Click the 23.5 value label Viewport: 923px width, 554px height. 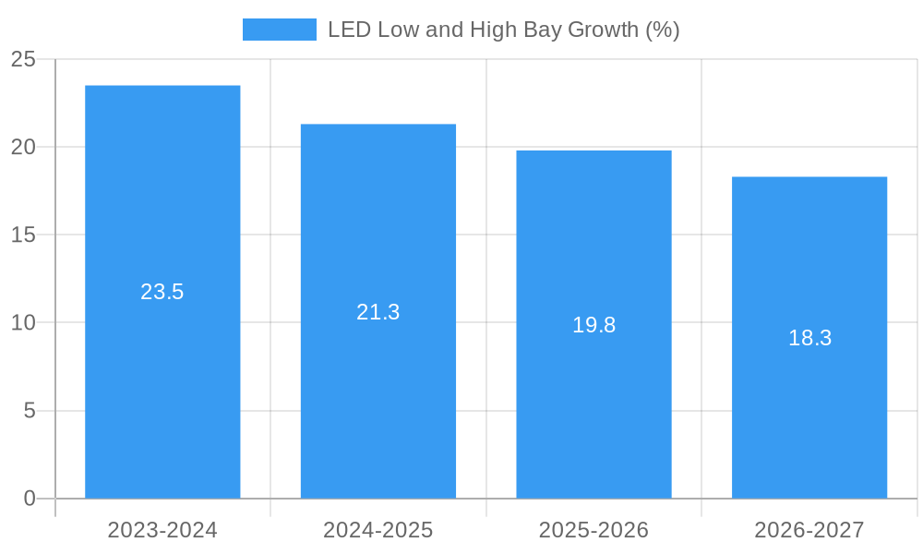[x=162, y=292]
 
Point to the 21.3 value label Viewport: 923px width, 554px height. [x=378, y=312]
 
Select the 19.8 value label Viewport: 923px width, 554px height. [x=593, y=325]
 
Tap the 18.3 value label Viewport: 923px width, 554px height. [x=809, y=338]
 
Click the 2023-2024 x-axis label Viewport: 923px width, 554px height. [x=162, y=530]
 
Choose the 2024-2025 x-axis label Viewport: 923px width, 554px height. [x=378, y=530]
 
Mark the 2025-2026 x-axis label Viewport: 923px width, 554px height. [x=593, y=530]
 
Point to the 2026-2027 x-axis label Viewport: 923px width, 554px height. [x=809, y=530]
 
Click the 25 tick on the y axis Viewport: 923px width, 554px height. [x=23, y=59]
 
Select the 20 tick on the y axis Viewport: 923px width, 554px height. [x=23, y=147]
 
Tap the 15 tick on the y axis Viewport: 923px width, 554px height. [x=23, y=235]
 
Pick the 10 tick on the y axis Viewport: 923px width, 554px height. [x=23, y=322]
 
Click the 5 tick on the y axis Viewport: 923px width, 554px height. [x=30, y=410]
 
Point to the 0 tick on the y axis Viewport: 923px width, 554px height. [x=30, y=499]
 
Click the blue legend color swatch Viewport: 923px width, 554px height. [x=279, y=30]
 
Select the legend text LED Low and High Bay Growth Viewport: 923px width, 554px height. [x=503, y=30]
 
